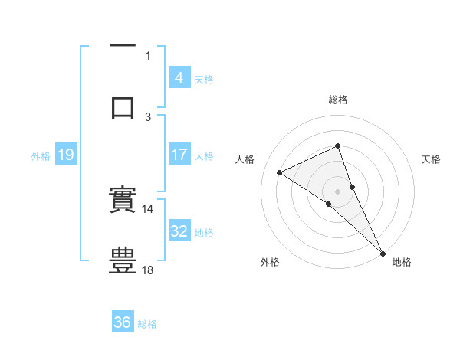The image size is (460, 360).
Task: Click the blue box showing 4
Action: click(x=179, y=78)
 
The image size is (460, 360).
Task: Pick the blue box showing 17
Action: click(x=179, y=155)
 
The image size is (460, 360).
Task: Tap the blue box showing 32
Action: click(x=179, y=232)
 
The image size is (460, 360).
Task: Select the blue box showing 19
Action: click(x=65, y=155)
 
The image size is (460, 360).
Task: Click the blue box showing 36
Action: click(x=122, y=323)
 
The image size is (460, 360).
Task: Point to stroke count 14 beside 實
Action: click(x=148, y=208)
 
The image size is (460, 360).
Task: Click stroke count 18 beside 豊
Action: click(x=148, y=270)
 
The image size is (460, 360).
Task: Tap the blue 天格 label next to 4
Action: click(x=204, y=79)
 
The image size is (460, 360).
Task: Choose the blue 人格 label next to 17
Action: click(x=204, y=156)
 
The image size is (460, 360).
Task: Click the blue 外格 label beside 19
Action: click(x=41, y=156)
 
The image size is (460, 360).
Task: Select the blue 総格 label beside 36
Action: click(x=147, y=324)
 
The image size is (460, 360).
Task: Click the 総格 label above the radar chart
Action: click(x=337, y=100)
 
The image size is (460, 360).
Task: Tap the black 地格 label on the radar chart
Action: click(x=402, y=262)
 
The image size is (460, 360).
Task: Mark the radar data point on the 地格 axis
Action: click(x=383, y=252)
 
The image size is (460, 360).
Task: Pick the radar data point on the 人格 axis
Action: click(x=280, y=172)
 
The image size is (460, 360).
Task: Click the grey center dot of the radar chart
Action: click(x=337, y=191)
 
